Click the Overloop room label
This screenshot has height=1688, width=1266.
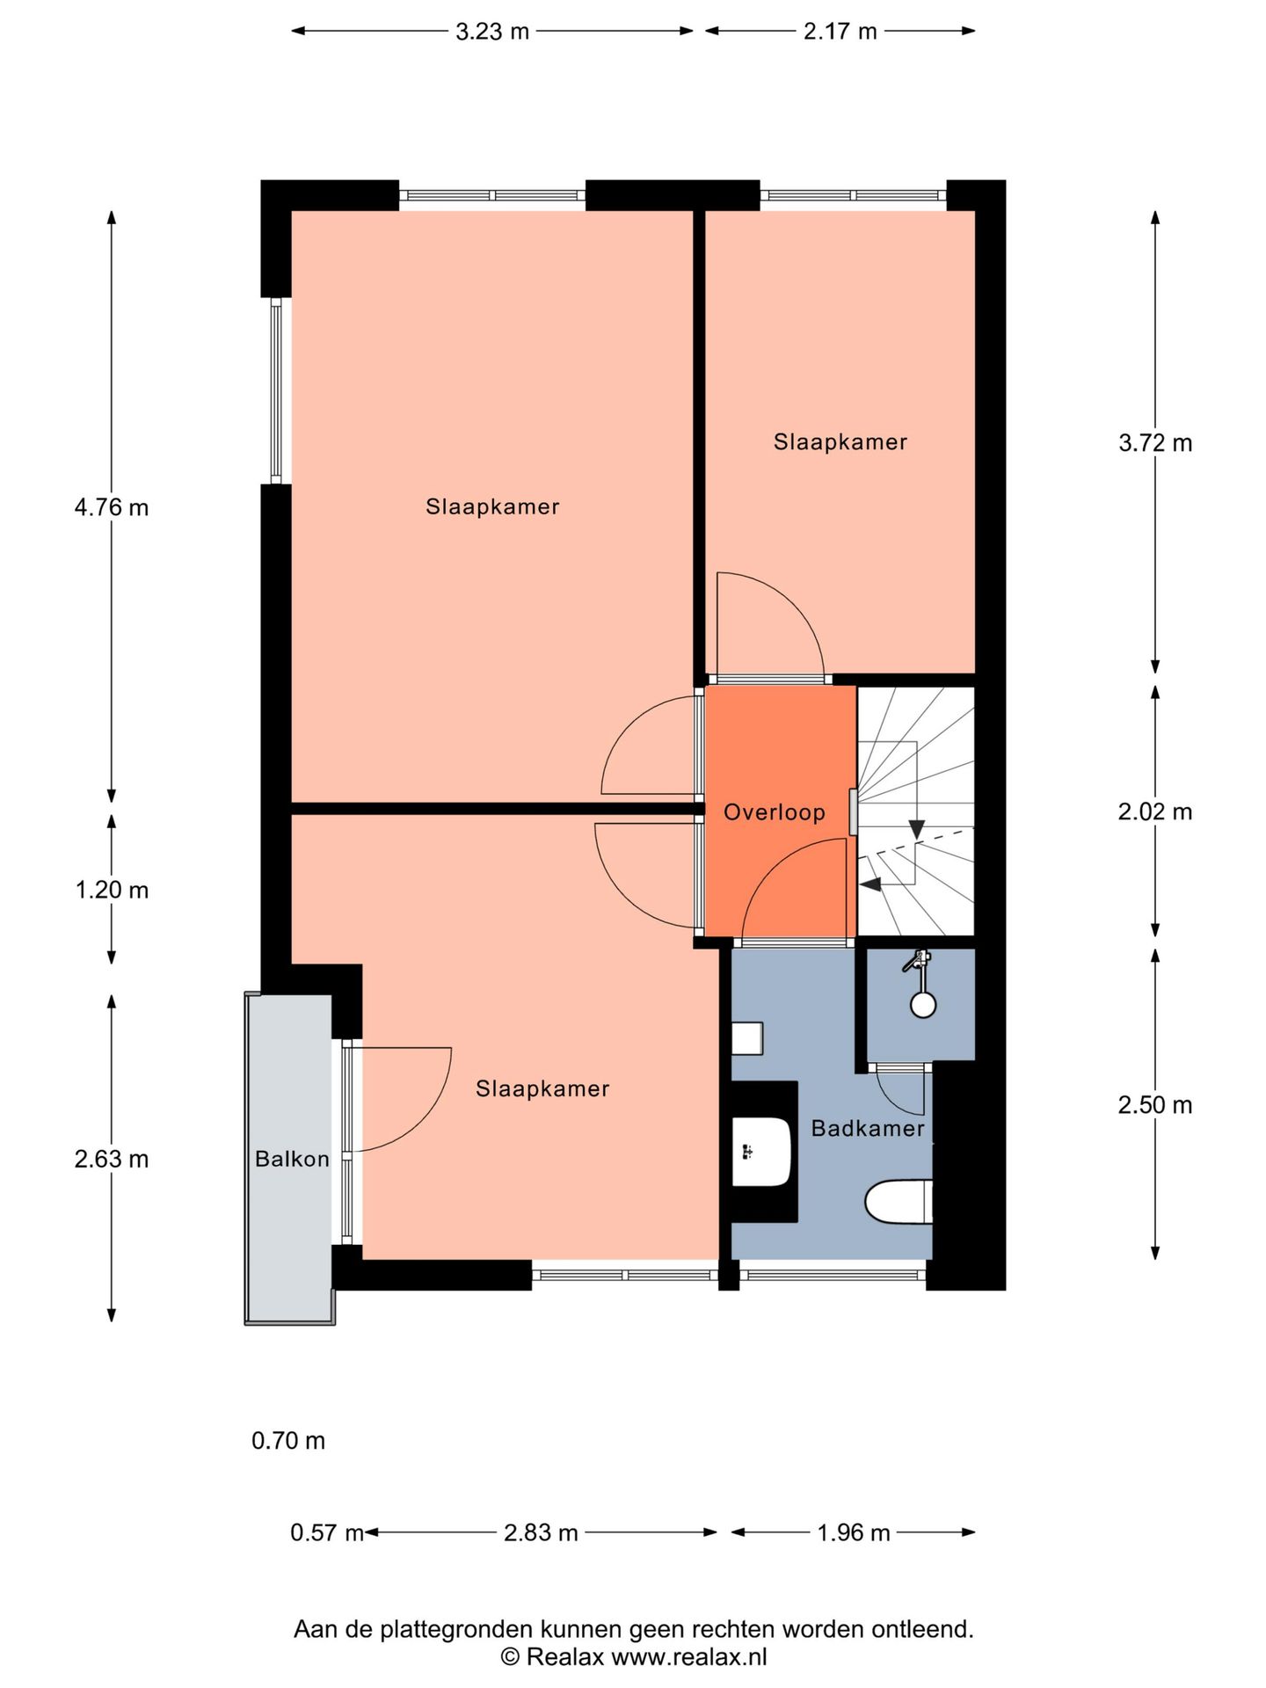774,812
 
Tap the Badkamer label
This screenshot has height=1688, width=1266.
867,1128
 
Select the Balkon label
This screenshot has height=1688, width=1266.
292,1159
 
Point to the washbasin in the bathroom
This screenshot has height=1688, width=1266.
761,1151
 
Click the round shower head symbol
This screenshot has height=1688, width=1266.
923,1004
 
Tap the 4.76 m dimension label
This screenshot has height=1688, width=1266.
112,507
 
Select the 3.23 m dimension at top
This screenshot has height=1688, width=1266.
492,32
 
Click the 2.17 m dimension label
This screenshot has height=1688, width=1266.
840,32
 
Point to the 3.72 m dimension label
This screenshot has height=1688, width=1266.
1155,443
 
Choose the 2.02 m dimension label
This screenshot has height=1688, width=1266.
1155,811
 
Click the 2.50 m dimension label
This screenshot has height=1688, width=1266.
1155,1105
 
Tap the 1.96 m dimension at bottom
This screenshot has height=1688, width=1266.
854,1533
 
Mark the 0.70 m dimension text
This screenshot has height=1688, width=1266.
288,1441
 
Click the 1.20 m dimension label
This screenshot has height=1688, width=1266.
112,891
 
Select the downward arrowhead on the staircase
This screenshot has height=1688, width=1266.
917,829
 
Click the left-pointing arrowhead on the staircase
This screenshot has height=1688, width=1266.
869,885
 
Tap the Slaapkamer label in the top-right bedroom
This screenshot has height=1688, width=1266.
840,442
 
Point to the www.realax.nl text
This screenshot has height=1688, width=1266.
688,1657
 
